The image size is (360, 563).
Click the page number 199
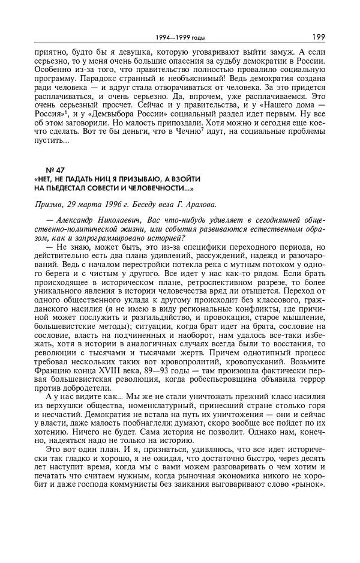(x=318, y=37)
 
